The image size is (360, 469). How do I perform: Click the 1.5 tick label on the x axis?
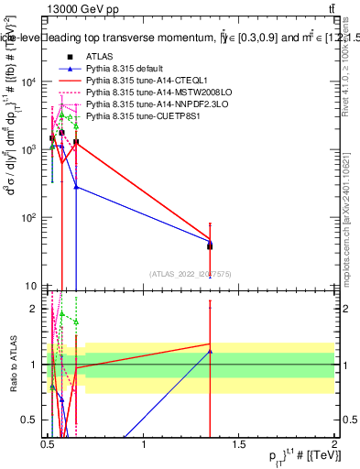pos(240,444)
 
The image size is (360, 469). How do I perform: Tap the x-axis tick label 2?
pos(334,444)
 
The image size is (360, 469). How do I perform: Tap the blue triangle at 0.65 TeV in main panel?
pos(76,187)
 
